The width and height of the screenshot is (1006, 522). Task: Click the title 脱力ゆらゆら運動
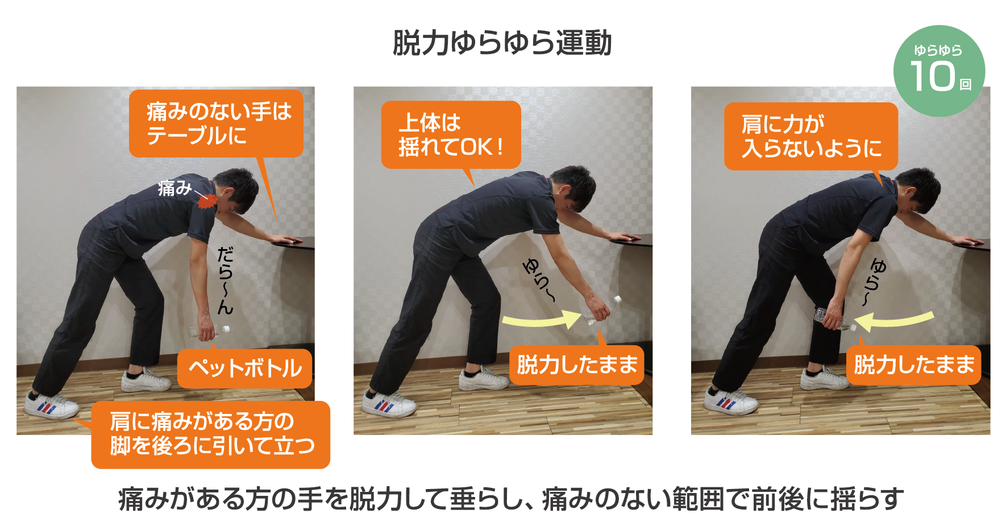pyautogui.click(x=502, y=43)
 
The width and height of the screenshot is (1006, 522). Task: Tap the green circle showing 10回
pyautogui.click(x=939, y=71)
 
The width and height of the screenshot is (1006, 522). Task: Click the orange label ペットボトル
pyautogui.click(x=245, y=368)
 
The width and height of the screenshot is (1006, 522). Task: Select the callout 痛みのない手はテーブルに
pyautogui.click(x=216, y=123)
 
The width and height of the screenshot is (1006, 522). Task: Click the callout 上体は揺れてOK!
pyautogui.click(x=451, y=135)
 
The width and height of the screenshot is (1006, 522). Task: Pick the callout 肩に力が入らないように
pyautogui.click(x=811, y=136)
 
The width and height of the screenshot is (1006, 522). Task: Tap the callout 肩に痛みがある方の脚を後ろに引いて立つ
pyautogui.click(x=210, y=434)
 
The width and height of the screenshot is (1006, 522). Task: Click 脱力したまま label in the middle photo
pyautogui.click(x=577, y=364)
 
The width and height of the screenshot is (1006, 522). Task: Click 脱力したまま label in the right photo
pyautogui.click(x=914, y=364)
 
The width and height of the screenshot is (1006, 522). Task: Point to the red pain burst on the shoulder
pyautogui.click(x=207, y=201)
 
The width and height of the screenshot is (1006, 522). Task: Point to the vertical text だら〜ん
pyautogui.click(x=226, y=280)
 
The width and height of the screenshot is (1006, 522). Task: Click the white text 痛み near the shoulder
pyautogui.click(x=175, y=188)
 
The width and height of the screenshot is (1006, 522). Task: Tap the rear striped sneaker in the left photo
pyautogui.click(x=51, y=405)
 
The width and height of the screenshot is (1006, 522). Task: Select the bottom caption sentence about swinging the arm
pyautogui.click(x=511, y=499)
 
